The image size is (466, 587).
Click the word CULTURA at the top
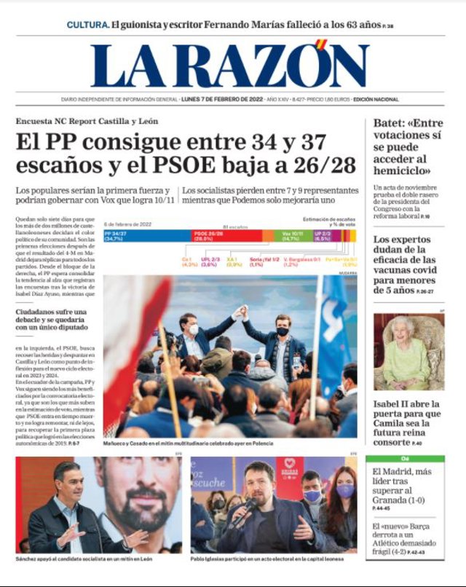coord(87,25)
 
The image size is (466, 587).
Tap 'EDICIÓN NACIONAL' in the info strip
coord(376,99)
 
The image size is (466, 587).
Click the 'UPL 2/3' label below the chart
coord(209,261)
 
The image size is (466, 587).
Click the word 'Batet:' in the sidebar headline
coord(388,123)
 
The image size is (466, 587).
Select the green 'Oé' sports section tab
coord(405,459)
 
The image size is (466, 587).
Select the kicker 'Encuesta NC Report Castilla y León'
coord(87,121)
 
